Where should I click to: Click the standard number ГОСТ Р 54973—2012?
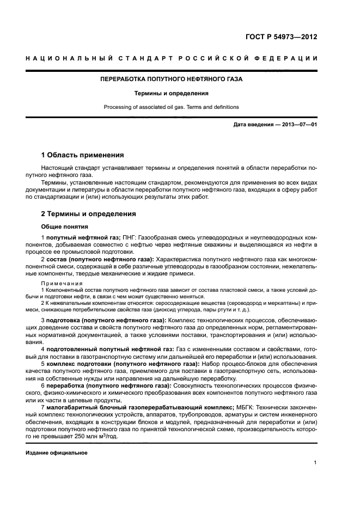coord(282,38)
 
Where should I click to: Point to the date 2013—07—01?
coord(299,125)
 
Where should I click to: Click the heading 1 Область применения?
coord(83,155)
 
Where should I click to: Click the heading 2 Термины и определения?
coord(88,214)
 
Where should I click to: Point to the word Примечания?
coord(62,283)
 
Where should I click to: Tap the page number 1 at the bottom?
coord(315,463)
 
